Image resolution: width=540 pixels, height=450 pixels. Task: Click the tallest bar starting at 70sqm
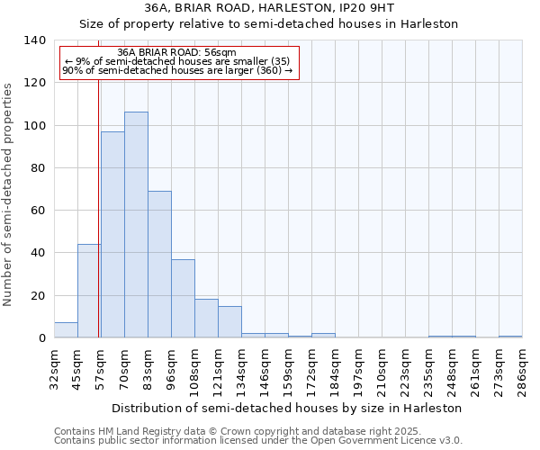[x=136, y=225]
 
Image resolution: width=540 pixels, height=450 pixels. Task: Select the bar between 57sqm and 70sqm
[x=112, y=235]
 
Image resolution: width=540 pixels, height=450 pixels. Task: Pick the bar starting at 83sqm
[x=159, y=265]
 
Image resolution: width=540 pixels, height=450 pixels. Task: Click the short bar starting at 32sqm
[x=66, y=330]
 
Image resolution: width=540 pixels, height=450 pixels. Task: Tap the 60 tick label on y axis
[x=38, y=211]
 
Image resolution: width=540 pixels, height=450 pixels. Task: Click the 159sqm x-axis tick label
[x=288, y=369]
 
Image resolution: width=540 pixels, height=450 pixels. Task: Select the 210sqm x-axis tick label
[x=382, y=369]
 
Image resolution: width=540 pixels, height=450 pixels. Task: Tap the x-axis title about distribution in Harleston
[x=287, y=408]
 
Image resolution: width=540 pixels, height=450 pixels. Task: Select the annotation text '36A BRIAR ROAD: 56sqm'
[x=176, y=53]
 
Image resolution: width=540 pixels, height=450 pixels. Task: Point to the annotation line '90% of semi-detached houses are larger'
[x=177, y=70]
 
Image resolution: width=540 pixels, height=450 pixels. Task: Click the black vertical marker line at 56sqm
[x=98, y=207]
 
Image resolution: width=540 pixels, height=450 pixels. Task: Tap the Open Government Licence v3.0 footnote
[x=258, y=441]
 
